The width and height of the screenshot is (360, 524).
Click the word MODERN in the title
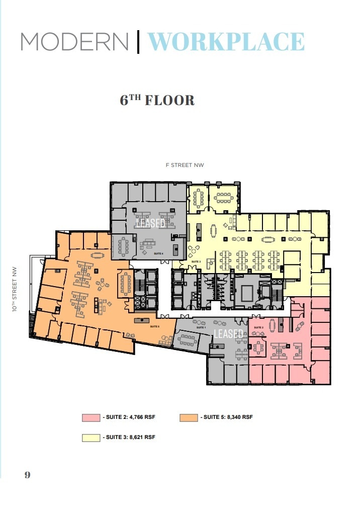coord(74,42)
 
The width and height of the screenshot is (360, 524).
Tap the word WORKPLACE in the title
coord(226,42)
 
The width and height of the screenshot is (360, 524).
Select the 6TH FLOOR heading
coord(157,100)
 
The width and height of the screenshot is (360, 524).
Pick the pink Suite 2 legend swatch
coord(91,417)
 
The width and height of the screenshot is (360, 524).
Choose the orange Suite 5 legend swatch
coord(189,417)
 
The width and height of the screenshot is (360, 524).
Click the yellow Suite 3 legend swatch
coord(91,438)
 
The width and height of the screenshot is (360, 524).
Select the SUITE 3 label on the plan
coord(196,261)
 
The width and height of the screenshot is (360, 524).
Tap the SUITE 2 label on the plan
coord(259,327)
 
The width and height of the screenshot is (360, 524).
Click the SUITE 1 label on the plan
coord(201,327)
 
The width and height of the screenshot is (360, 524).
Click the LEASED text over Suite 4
coord(150,223)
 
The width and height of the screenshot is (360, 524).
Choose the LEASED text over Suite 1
coord(229,334)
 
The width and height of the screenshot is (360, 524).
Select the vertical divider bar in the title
coord(138,42)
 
